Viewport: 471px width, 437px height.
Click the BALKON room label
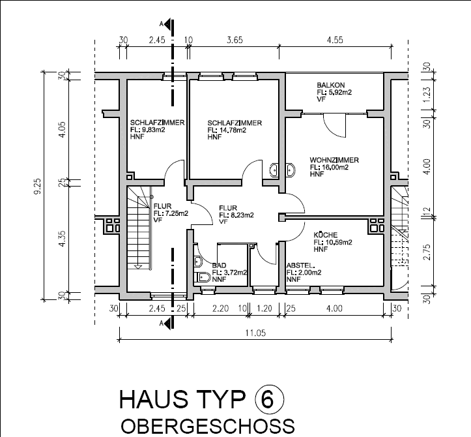coord(331,85)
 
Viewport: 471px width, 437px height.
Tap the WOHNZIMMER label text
coord(334,160)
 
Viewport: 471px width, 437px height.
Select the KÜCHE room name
coord(326,235)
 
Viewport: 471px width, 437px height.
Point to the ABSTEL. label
coord(301,265)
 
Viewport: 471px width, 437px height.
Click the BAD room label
coord(219,265)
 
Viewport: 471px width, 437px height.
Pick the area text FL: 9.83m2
coord(147,130)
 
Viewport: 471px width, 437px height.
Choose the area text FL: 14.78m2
coord(227,130)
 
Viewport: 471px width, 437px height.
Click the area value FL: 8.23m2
coord(236,215)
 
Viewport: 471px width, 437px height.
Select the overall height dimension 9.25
coord(38,187)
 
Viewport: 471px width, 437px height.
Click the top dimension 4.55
coord(335,40)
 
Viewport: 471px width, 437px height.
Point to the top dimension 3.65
coord(235,40)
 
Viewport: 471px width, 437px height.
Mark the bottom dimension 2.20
coord(220,309)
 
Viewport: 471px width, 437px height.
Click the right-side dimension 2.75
coord(427,252)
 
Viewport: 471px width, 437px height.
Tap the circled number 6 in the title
coord(269,399)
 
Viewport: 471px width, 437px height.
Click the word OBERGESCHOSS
coord(208,426)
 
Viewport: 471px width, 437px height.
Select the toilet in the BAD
coord(203,277)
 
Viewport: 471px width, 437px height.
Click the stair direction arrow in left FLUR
coord(138,267)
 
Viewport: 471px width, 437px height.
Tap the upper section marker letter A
coord(162,24)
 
